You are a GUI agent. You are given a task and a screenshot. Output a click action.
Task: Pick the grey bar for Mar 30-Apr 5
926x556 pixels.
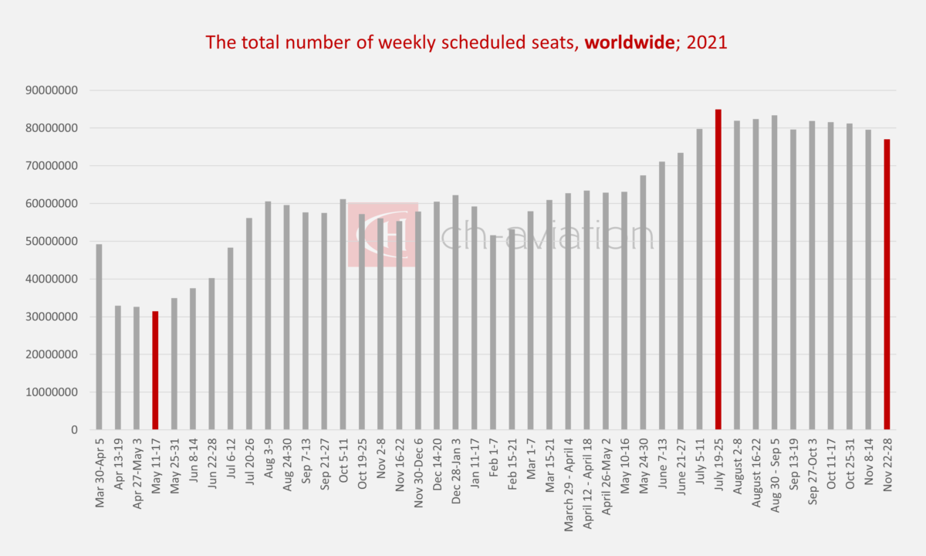point(99,336)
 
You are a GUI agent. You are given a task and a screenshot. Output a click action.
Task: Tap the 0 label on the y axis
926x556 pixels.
point(75,430)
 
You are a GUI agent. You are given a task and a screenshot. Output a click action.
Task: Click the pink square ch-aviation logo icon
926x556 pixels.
point(383,235)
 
